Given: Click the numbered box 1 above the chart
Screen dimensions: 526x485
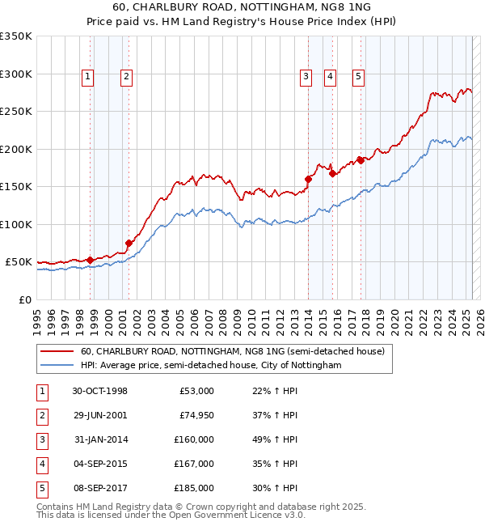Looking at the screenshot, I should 87,77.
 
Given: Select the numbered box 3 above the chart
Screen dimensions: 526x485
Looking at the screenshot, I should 306,77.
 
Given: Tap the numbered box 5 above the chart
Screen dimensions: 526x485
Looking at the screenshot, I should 358,77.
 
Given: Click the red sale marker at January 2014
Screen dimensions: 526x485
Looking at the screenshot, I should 308,179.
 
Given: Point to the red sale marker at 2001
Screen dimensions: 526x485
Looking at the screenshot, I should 129,243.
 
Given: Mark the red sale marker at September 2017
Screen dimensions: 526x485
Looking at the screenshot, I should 361,159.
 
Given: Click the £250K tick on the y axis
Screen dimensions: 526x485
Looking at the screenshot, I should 16,112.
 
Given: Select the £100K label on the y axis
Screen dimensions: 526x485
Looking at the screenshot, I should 16,224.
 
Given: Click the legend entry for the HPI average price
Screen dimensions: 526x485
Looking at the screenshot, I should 210,366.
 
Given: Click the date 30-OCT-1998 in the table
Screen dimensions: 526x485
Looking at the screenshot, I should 99,391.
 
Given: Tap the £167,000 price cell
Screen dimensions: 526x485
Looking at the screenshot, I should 194,464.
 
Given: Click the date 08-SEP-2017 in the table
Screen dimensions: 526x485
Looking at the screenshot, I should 99,488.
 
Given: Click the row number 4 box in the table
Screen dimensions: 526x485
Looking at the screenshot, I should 40,464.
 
